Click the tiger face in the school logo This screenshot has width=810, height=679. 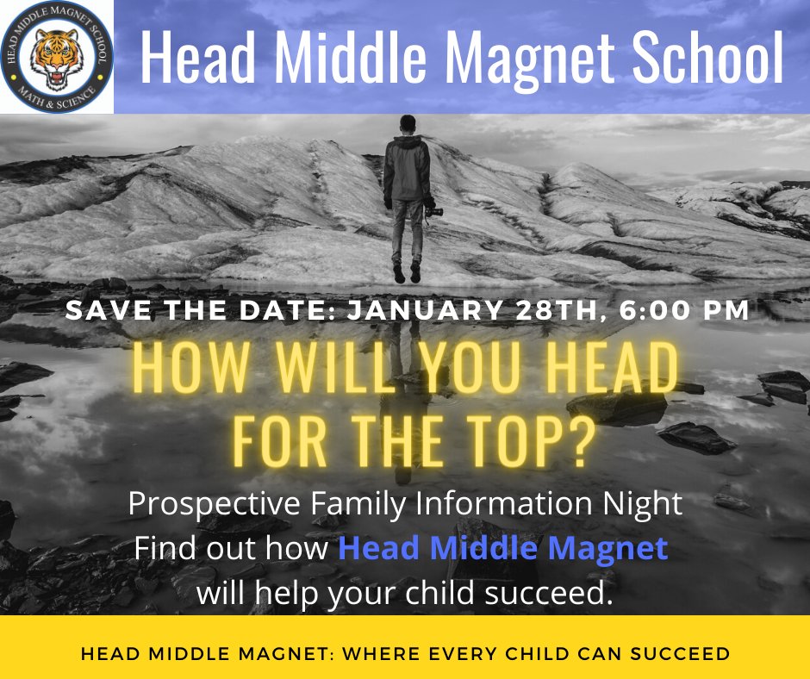coord(56,57)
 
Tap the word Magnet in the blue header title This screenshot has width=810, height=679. coord(529,58)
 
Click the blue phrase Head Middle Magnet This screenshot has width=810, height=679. coord(502,548)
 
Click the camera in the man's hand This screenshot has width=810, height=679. coord(433,209)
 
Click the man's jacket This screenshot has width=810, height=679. coord(406,168)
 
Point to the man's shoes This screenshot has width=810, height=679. coord(408,274)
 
